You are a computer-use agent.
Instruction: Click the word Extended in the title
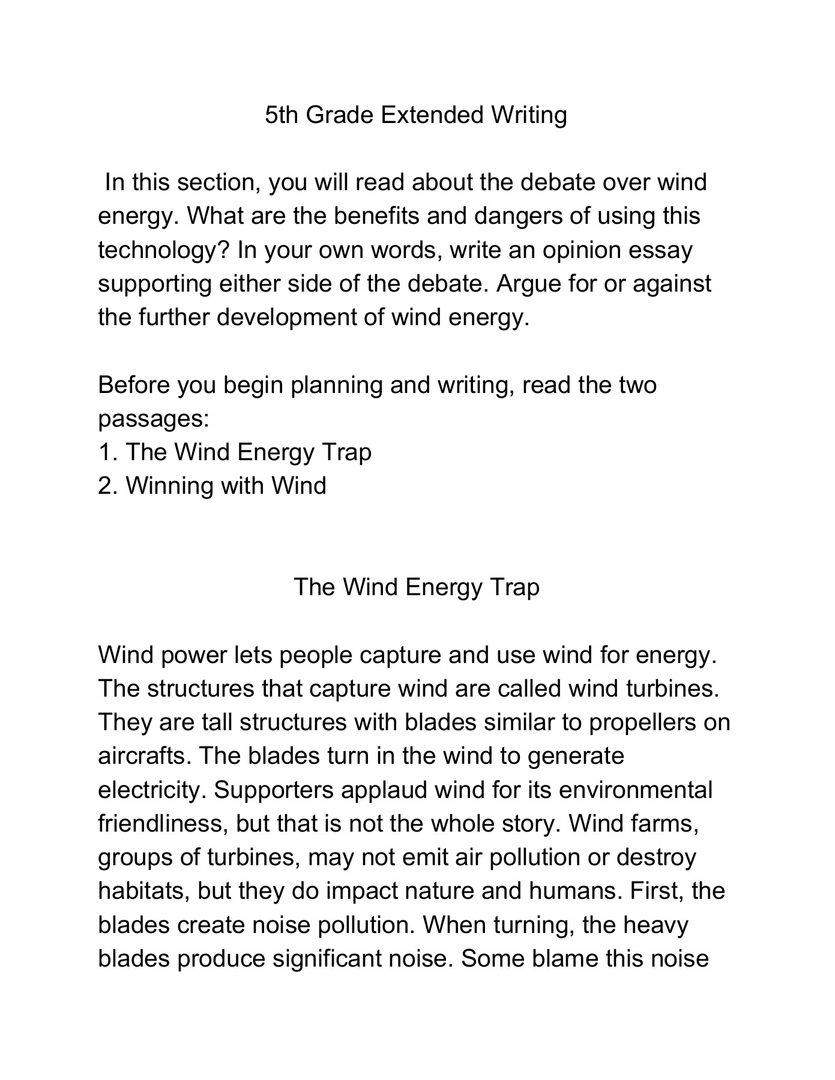pos(432,115)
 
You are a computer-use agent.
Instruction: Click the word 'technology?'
pos(164,250)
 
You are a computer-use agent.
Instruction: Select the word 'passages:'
pos(154,418)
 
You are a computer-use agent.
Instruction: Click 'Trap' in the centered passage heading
pos(514,587)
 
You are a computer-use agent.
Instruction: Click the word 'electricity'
pos(150,790)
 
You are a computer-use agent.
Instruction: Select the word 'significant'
pos(327,958)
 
